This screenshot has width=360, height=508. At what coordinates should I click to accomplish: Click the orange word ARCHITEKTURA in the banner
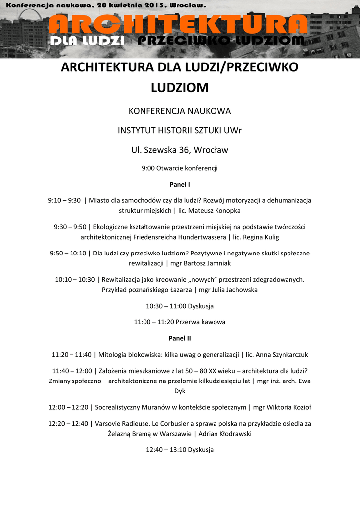pos(179,24)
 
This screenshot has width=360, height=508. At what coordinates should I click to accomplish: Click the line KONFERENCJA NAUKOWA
pos(180,111)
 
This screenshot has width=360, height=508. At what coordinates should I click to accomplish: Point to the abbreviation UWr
pos(231,130)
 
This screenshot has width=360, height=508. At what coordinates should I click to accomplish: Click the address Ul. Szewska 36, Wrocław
pos(180,150)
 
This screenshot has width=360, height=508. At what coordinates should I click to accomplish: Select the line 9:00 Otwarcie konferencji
pos(180,168)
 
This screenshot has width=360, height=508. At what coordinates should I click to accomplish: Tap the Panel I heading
pos(180,185)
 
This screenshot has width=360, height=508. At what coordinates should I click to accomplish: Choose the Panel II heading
pos(180,338)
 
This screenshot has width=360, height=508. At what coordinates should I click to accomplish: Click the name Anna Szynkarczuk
pos(283,355)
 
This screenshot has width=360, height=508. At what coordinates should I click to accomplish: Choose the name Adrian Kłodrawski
pos(224,434)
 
